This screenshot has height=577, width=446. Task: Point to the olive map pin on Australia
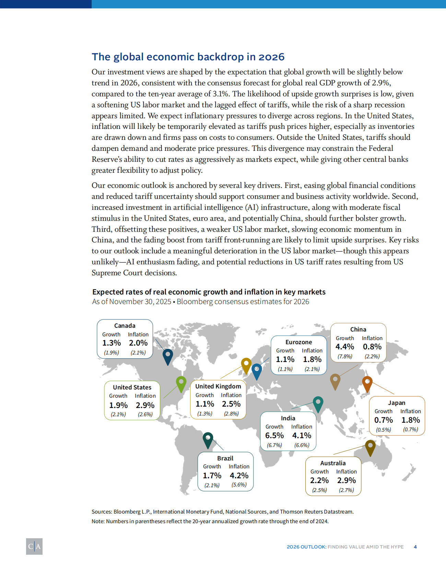point(370,447)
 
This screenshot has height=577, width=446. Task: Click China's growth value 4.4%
point(345,347)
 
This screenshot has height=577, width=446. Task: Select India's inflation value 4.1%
point(302,435)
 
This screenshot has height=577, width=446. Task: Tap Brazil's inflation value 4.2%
point(239,476)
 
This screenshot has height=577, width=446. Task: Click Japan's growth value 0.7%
point(384,420)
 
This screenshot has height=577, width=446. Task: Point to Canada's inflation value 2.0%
point(138,343)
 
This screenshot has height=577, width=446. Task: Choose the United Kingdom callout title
point(218,386)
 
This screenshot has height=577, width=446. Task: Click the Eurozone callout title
point(299,342)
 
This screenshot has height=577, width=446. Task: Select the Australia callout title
point(333,463)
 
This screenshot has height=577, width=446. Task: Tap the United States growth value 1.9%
point(118,405)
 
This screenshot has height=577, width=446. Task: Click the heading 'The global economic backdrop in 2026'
point(188,57)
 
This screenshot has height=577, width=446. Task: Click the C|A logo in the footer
point(34,546)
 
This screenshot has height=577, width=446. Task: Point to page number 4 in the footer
point(415,547)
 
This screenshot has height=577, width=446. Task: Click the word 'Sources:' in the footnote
point(102,512)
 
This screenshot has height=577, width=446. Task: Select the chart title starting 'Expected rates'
point(209,292)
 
